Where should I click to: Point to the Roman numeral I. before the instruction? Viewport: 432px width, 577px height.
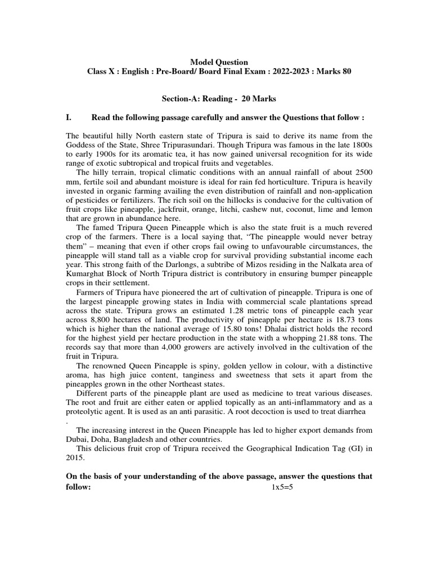pos(70,118)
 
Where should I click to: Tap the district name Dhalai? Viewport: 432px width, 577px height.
pos(289,336)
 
